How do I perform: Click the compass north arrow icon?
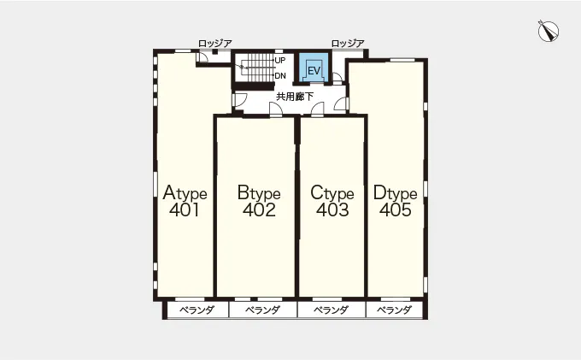click(x=549, y=31)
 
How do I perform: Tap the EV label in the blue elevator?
click(x=314, y=70)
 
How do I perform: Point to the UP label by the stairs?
click(x=280, y=60)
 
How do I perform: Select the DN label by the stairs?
click(x=280, y=75)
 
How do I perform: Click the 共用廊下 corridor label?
click(x=295, y=97)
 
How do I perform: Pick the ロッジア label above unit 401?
click(x=215, y=44)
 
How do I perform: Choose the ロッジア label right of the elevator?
click(x=348, y=44)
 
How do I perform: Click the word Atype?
click(x=185, y=192)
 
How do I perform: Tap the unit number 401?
click(x=185, y=210)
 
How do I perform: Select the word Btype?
click(x=259, y=192)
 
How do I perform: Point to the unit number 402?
click(x=259, y=210)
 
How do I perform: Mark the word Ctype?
click(x=332, y=192)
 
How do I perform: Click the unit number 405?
click(x=396, y=210)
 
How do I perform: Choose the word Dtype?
click(x=395, y=192)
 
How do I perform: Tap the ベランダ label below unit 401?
click(x=197, y=310)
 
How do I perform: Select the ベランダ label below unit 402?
click(x=262, y=310)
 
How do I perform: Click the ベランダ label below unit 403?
click(x=332, y=310)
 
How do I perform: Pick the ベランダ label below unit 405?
click(x=394, y=310)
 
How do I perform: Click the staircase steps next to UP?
click(x=260, y=68)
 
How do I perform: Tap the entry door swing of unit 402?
click(x=276, y=109)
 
